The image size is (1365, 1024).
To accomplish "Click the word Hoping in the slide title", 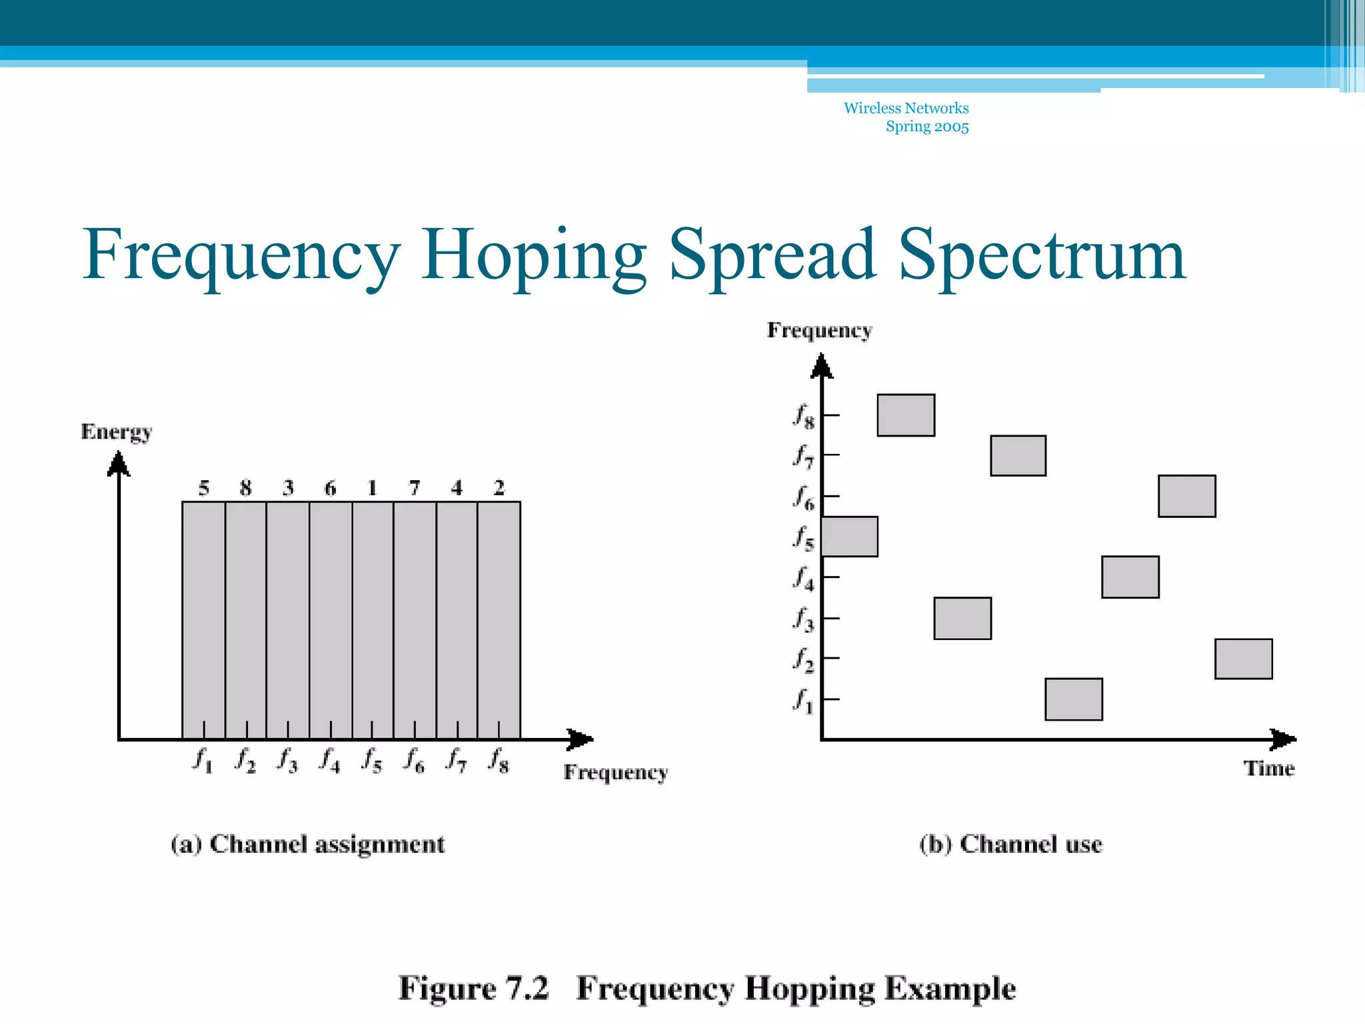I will pos(533,256).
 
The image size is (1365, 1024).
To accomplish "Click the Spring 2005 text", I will pos(926,127).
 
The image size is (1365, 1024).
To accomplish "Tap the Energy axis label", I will pos(117,432).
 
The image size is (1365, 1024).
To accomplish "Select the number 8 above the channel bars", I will pos(245,488).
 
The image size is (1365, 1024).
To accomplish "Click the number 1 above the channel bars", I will pos(372,488).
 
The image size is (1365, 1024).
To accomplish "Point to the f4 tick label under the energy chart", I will pos(330,760).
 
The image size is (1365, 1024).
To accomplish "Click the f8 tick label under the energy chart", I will pos(499,760).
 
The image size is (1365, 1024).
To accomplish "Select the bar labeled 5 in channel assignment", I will pos(203,620).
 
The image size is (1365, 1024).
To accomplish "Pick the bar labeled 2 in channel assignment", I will pos(499,620).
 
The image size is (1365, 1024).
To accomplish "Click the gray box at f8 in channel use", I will pos(906,415).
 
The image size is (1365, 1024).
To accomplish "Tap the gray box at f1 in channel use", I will pos(1073,699).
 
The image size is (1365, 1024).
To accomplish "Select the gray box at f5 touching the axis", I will pos(850,537).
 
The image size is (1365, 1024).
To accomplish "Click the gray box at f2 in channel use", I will pos(1243,659).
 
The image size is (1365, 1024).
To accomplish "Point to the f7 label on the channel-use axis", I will pos(803,457).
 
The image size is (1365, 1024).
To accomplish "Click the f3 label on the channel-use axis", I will pos(803,619).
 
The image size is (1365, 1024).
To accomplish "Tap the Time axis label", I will pos(1268,769).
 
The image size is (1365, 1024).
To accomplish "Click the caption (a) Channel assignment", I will pos(307,845).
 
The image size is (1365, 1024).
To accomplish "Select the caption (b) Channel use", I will pos(1010,845).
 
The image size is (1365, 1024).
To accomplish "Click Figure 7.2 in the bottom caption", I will pos(473,988).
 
